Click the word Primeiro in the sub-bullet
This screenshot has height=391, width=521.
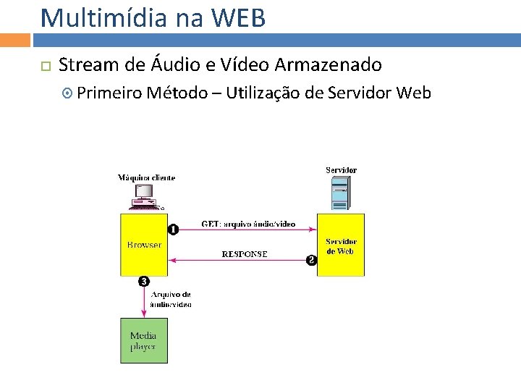point(109,93)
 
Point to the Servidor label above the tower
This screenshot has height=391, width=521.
point(341,170)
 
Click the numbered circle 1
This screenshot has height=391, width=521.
point(173,230)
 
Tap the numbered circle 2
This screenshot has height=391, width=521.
point(311,260)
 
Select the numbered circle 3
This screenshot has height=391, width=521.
point(144,281)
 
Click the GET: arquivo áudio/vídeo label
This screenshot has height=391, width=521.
point(247,224)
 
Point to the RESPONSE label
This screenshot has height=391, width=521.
point(244,254)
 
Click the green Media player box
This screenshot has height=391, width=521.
point(143,340)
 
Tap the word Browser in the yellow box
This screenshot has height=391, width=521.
point(144,245)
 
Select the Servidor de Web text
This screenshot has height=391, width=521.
point(341,246)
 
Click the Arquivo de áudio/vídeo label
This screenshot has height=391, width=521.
point(171,300)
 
